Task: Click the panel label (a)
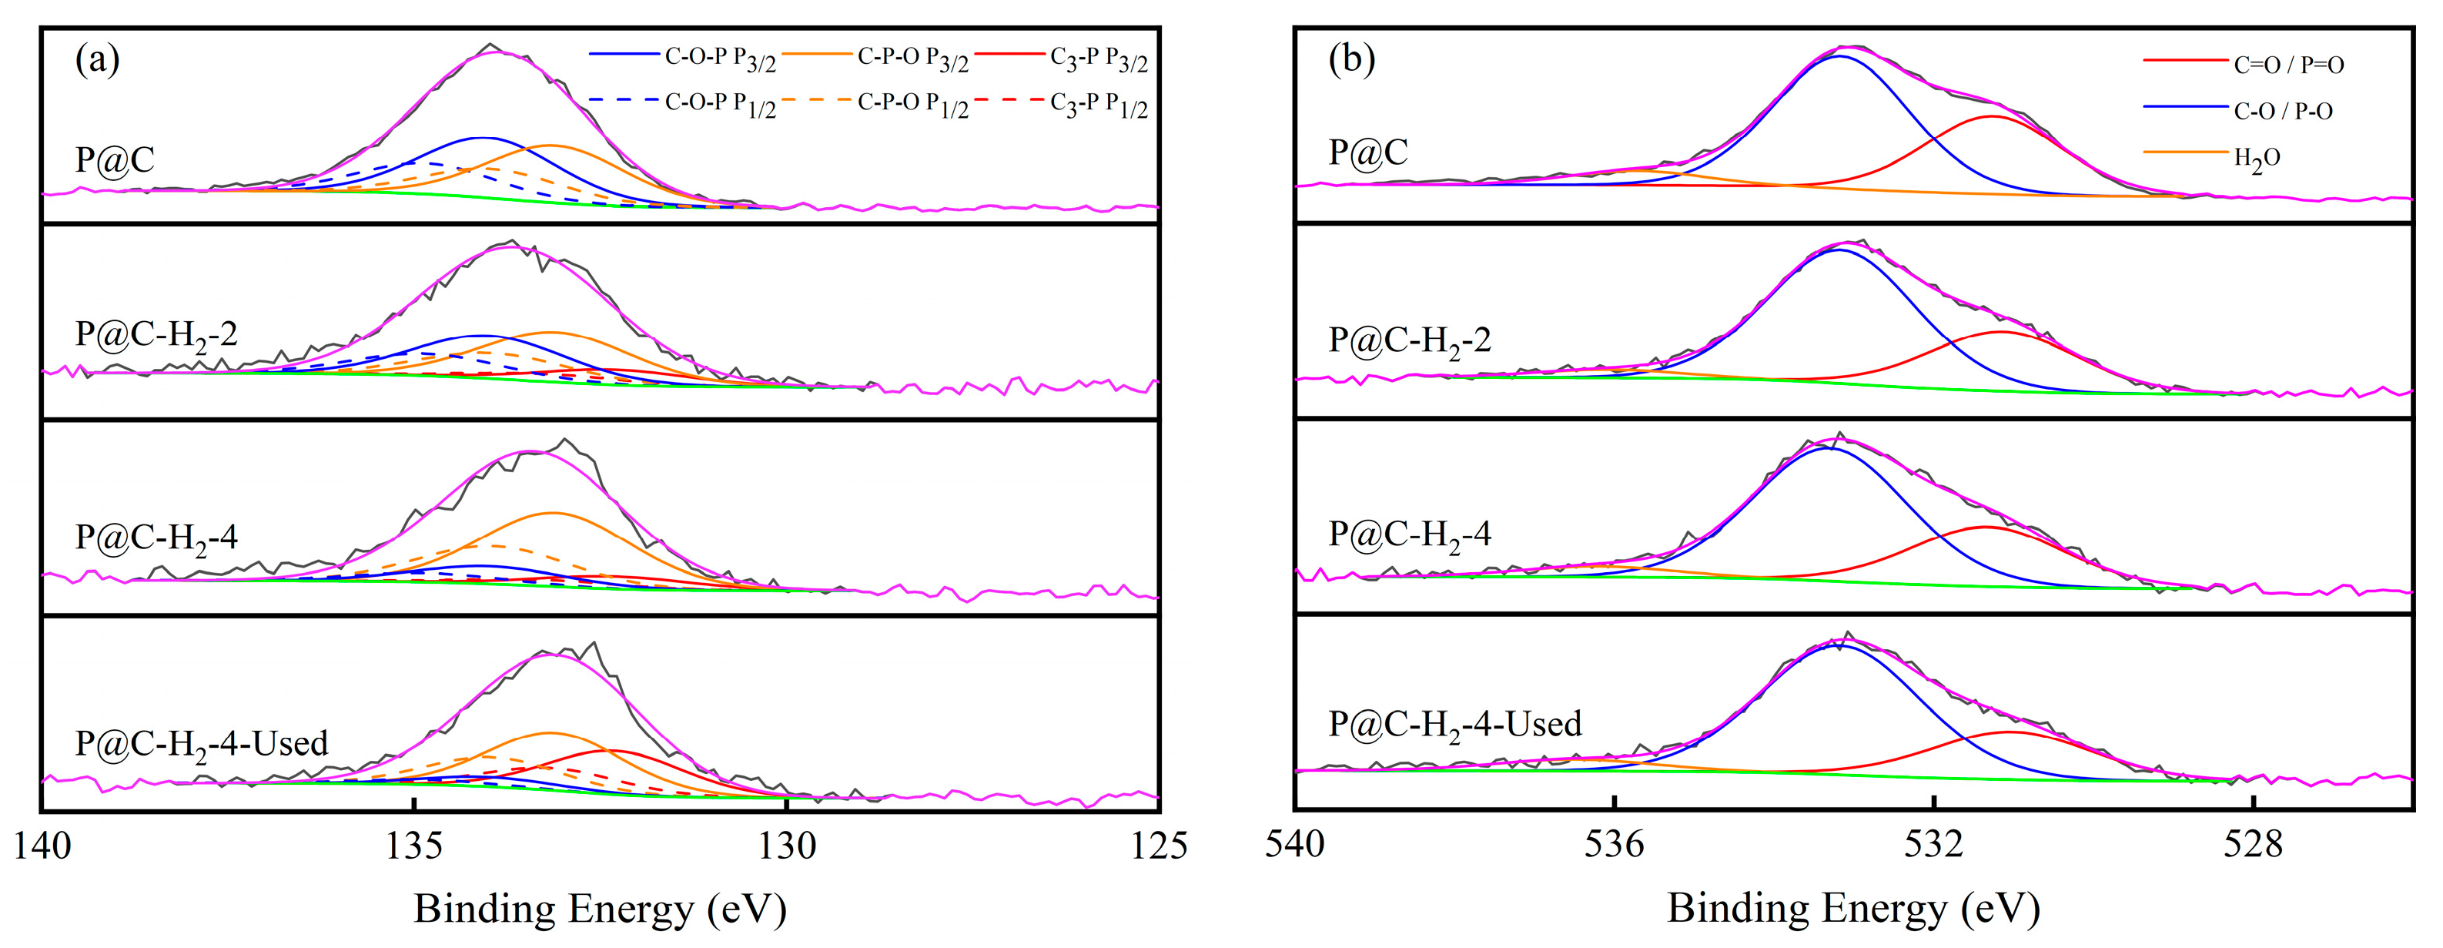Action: pos(98,60)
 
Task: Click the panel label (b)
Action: pos(1351,60)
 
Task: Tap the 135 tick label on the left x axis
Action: pos(413,846)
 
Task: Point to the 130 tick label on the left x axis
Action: pos(787,846)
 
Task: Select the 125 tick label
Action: pos(1159,846)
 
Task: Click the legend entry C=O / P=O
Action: pos(2288,65)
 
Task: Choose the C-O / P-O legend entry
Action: pos(2283,111)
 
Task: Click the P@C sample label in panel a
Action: pos(115,159)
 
